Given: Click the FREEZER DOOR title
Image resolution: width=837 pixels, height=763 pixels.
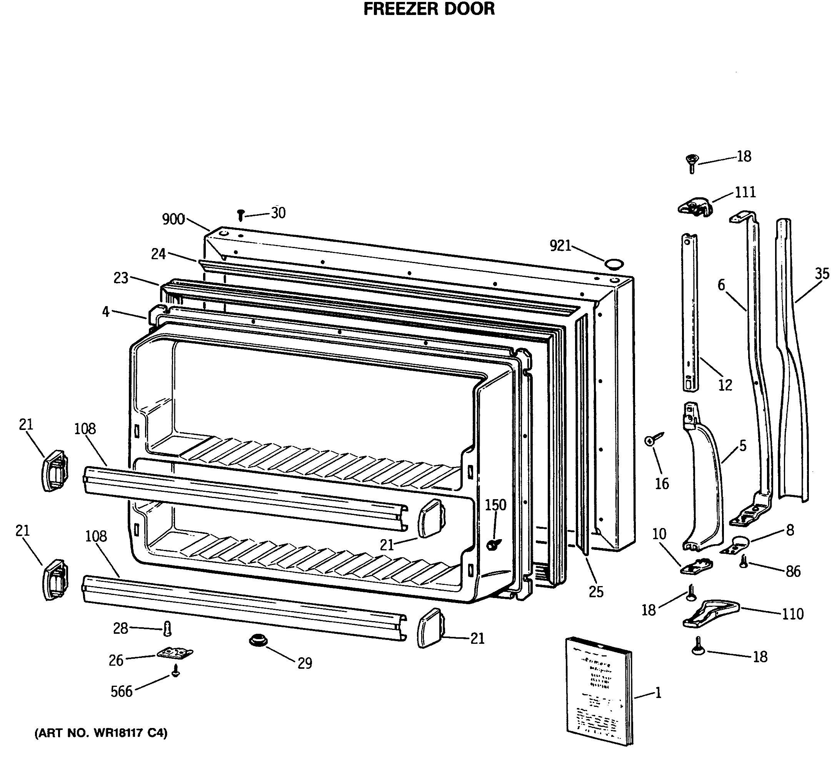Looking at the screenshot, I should [429, 9].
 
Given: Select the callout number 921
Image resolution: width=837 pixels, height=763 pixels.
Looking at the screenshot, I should [560, 246].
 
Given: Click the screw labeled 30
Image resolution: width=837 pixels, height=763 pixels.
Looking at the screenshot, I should [240, 215].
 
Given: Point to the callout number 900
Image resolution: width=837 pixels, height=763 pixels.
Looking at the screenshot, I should [173, 219].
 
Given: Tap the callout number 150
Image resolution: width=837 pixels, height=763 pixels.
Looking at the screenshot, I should [495, 505].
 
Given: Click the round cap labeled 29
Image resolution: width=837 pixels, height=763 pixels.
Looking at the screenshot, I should [258, 640].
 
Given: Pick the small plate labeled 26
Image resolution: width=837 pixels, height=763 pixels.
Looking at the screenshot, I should [175, 653].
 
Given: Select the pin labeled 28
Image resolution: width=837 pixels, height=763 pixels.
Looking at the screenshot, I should [167, 629].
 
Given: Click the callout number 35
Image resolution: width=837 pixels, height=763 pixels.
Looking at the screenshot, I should [822, 273].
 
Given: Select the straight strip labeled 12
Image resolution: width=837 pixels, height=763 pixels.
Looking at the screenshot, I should [690, 312].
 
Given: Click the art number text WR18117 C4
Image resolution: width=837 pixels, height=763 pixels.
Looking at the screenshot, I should [101, 733].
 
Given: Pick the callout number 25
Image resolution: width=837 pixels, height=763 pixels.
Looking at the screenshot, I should [595, 592].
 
